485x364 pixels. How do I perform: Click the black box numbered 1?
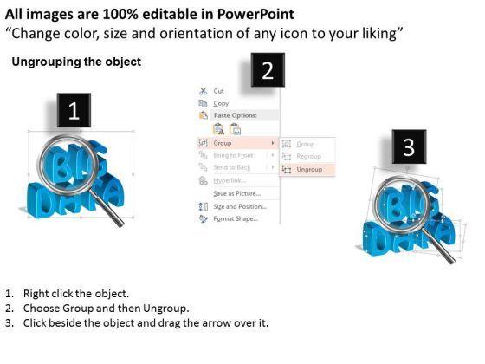click(x=74, y=112)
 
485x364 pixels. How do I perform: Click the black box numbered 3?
click(x=408, y=145)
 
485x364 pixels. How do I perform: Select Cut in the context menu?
click(x=218, y=90)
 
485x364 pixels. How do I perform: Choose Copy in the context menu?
click(x=221, y=103)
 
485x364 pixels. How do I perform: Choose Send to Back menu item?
click(x=233, y=166)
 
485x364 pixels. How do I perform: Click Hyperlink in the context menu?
click(x=228, y=180)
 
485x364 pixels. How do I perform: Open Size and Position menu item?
click(x=240, y=206)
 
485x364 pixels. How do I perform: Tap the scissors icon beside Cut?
click(x=203, y=90)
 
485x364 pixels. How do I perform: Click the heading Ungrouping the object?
click(x=76, y=62)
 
